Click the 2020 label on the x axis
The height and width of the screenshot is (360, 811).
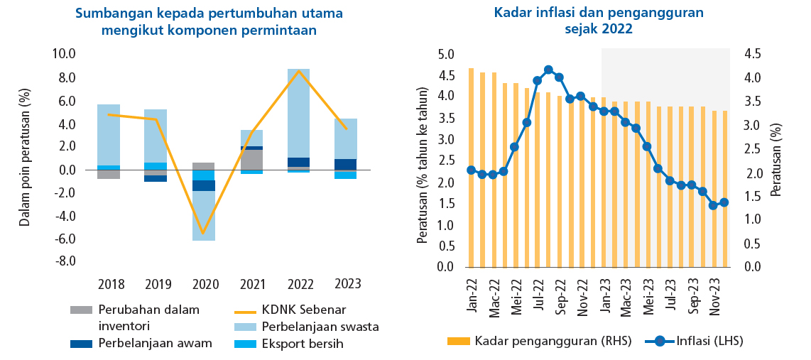click(x=205, y=284)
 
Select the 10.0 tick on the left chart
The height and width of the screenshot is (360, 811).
click(x=65, y=53)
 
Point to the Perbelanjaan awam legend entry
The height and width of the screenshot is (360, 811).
click(x=155, y=344)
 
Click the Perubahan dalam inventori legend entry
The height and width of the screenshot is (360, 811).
click(x=148, y=317)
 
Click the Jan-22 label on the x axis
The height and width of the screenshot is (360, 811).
click(x=472, y=295)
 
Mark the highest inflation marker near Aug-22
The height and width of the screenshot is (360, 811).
click(x=548, y=70)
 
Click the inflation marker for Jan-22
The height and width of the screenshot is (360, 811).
click(x=472, y=170)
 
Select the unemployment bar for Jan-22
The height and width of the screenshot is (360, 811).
click(x=472, y=168)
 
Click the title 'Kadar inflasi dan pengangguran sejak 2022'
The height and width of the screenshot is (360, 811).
click(x=598, y=21)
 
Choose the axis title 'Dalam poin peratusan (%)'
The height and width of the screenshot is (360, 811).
click(x=26, y=157)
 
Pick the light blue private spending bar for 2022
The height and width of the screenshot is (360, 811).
click(x=298, y=114)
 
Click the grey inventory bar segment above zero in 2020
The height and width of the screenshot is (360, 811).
click(x=204, y=166)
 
